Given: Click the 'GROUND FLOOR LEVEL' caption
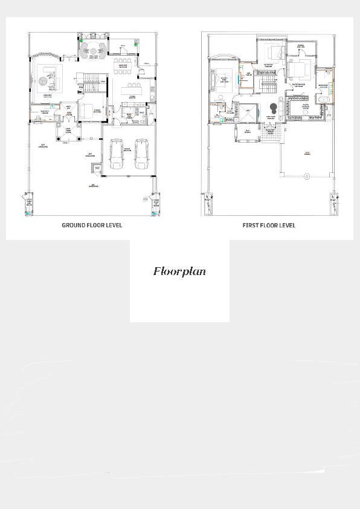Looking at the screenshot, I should [x=92, y=225].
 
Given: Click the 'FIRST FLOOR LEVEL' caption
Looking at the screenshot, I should [x=269, y=225].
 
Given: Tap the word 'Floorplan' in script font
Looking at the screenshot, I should [x=179, y=271].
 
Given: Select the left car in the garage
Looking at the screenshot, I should [x=118, y=155].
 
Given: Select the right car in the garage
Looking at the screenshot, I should [x=142, y=155].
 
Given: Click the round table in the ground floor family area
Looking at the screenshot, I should [x=94, y=48].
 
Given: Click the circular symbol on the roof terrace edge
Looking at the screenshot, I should [x=306, y=177].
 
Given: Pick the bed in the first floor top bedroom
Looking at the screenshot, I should [x=275, y=50].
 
